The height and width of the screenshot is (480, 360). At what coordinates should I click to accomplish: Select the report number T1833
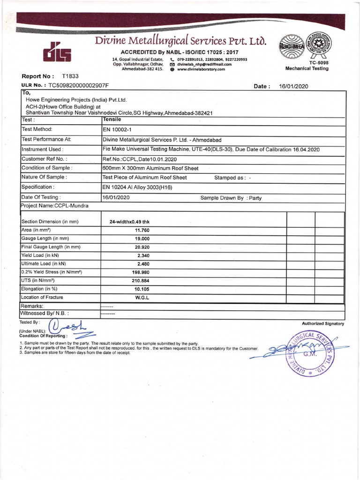pyautogui.click(x=70, y=76)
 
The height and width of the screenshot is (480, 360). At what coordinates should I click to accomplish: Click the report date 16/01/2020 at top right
pyautogui.click(x=293, y=86)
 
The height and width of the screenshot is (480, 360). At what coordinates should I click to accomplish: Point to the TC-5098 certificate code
pyautogui.click(x=307, y=62)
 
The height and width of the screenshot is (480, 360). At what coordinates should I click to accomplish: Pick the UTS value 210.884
pyautogui.click(x=139, y=280)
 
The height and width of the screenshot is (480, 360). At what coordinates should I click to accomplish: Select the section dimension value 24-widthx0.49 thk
pyautogui.click(x=129, y=222)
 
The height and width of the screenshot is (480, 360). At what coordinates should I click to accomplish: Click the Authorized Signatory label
pyautogui.click(x=323, y=323)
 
